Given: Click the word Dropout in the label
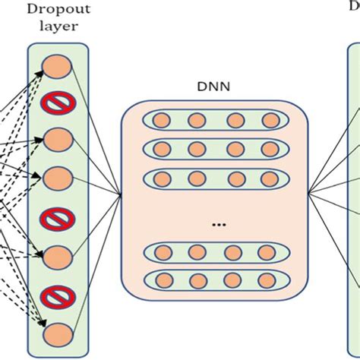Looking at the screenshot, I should (x=58, y=10).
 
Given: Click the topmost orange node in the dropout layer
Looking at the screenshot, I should (x=58, y=66).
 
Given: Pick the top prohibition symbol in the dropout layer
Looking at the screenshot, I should (x=58, y=103).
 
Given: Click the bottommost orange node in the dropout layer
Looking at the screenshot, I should (x=58, y=332).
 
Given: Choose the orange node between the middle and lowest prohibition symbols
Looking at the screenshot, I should (x=58, y=255).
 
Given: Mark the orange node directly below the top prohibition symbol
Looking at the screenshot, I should (x=58, y=139).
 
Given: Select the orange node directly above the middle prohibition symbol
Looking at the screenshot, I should (x=58, y=178).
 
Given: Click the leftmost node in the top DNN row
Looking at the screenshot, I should (x=160, y=120).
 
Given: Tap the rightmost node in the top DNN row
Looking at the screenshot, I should (x=270, y=120).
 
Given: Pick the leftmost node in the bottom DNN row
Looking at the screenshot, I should (x=160, y=278).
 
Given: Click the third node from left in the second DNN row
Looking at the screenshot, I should (x=235, y=147).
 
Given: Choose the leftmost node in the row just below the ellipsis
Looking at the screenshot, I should (x=160, y=251).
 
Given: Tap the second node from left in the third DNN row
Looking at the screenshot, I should (x=197, y=178).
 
